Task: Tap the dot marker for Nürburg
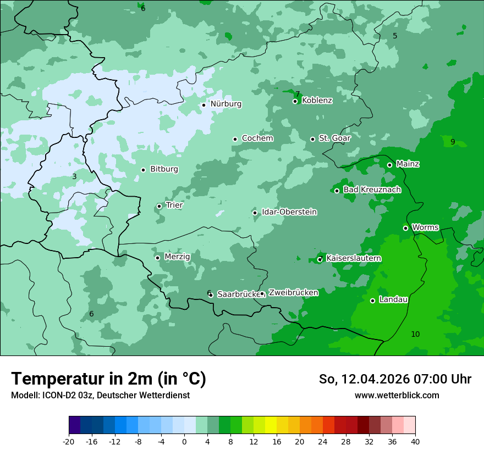point(204,105)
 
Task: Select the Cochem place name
point(257,138)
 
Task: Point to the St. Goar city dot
point(312,139)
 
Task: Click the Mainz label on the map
point(408,164)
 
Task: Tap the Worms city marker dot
point(405,228)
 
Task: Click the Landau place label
point(393,299)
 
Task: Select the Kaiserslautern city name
point(354,258)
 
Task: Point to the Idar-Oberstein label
point(289,212)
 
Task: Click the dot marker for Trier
point(159,207)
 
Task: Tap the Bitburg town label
point(164,169)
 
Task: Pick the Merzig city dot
point(157,258)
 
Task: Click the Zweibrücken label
point(293,293)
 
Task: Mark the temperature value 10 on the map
point(415,334)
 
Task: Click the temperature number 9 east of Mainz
point(453,142)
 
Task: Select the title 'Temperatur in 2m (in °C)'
point(108,379)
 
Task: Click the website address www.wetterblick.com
point(397,396)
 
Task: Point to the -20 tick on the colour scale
point(69,442)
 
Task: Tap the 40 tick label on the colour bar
point(415,442)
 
